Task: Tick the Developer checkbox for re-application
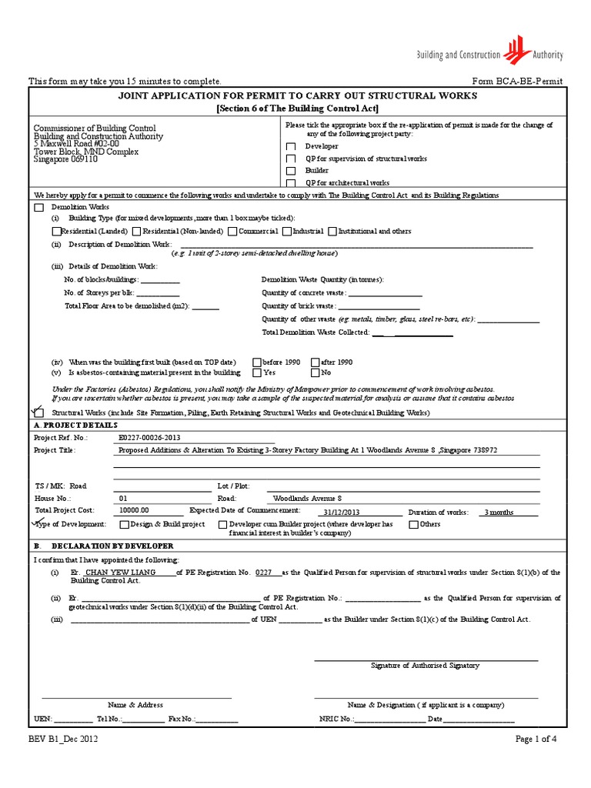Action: (291, 146)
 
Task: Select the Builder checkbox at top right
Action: (291, 171)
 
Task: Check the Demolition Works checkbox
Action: (39, 208)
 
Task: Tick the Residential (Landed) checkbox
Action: (56, 231)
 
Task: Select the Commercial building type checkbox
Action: (233, 231)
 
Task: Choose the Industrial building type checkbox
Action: (287, 231)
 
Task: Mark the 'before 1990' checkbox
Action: (257, 362)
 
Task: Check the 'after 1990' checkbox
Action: (316, 362)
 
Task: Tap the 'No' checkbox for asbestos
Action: (316, 372)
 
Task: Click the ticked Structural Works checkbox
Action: (39, 413)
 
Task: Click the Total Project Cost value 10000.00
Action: (135, 510)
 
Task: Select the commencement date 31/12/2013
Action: (342, 511)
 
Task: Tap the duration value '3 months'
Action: (499, 511)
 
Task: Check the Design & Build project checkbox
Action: (124, 524)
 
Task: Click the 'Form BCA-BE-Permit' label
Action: (516, 82)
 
